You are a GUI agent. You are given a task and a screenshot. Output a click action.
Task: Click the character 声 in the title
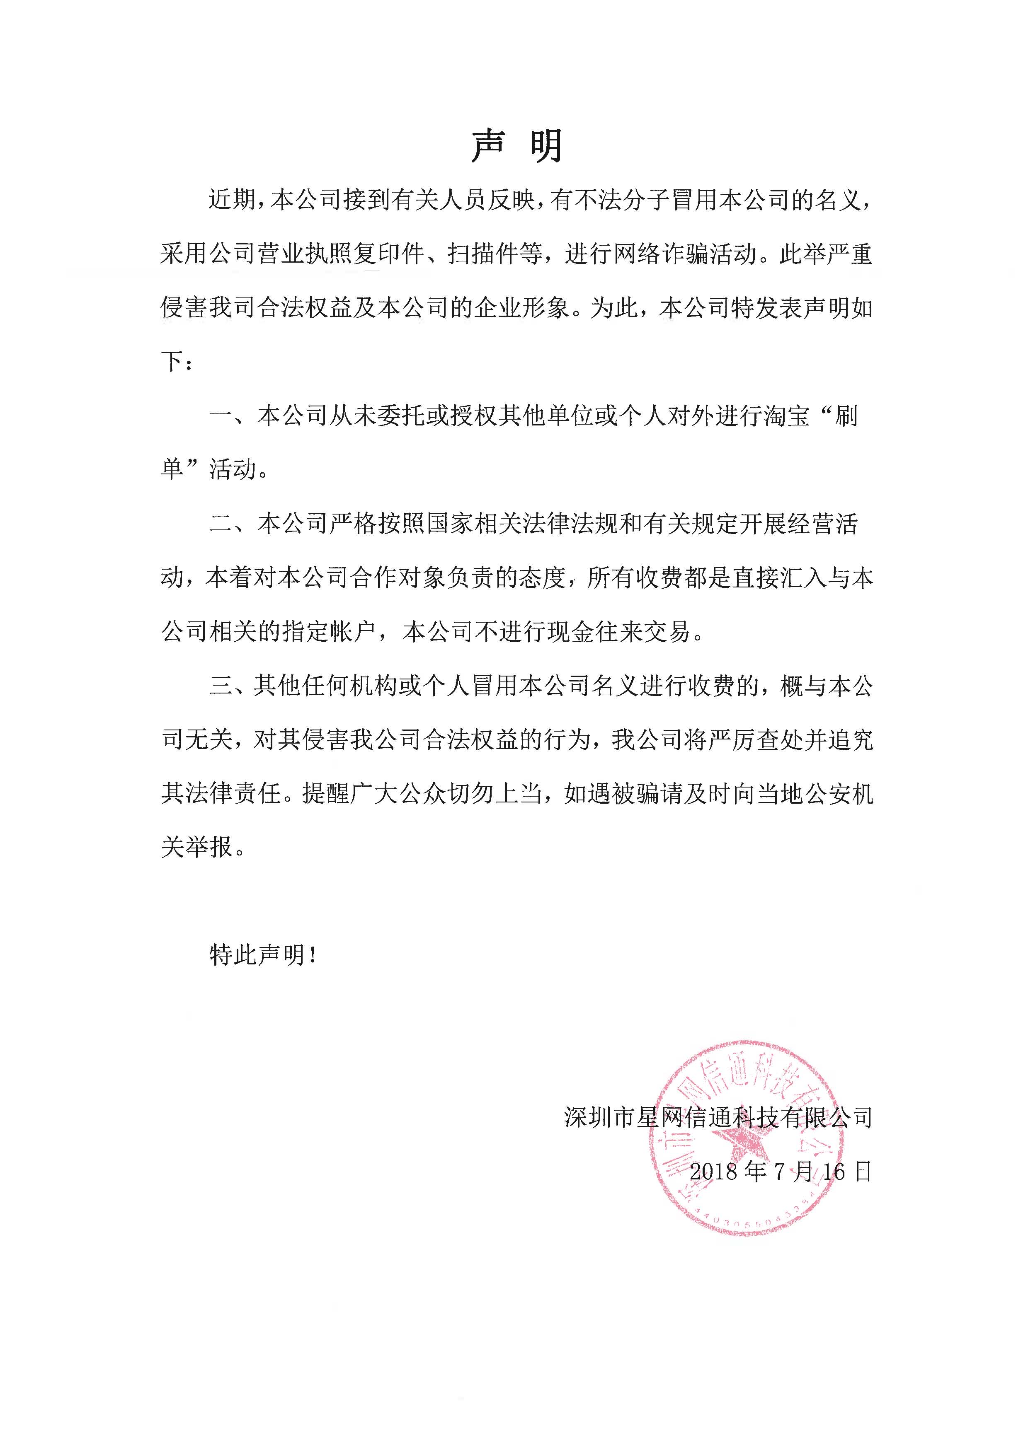click(x=488, y=147)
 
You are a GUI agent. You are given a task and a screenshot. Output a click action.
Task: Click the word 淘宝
click(x=787, y=416)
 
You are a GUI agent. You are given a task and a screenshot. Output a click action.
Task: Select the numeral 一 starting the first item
click(x=221, y=416)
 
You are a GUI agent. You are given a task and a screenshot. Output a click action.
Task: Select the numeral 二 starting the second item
click(x=221, y=524)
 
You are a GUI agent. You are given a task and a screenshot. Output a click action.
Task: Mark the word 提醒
click(x=326, y=793)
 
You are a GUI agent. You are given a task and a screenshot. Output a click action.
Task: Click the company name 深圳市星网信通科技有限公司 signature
click(x=718, y=1117)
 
